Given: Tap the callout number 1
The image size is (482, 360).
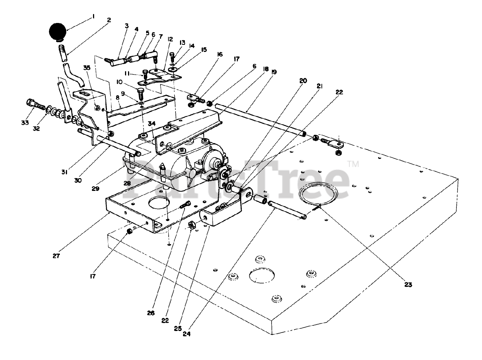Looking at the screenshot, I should click(x=92, y=17).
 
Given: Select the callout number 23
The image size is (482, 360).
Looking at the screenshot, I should click(x=408, y=285).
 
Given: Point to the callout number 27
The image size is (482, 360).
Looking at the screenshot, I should click(x=56, y=256).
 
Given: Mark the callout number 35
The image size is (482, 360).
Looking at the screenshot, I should click(x=87, y=68).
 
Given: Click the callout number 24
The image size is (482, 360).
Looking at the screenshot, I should click(x=187, y=334).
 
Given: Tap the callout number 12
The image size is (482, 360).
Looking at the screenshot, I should click(x=170, y=39).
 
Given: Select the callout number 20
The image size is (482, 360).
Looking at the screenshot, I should click(x=303, y=81).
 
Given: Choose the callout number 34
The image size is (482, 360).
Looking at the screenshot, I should click(x=151, y=124).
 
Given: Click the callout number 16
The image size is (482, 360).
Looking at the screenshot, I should click(x=220, y=54).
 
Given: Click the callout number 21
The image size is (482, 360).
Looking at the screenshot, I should click(x=320, y=86).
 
